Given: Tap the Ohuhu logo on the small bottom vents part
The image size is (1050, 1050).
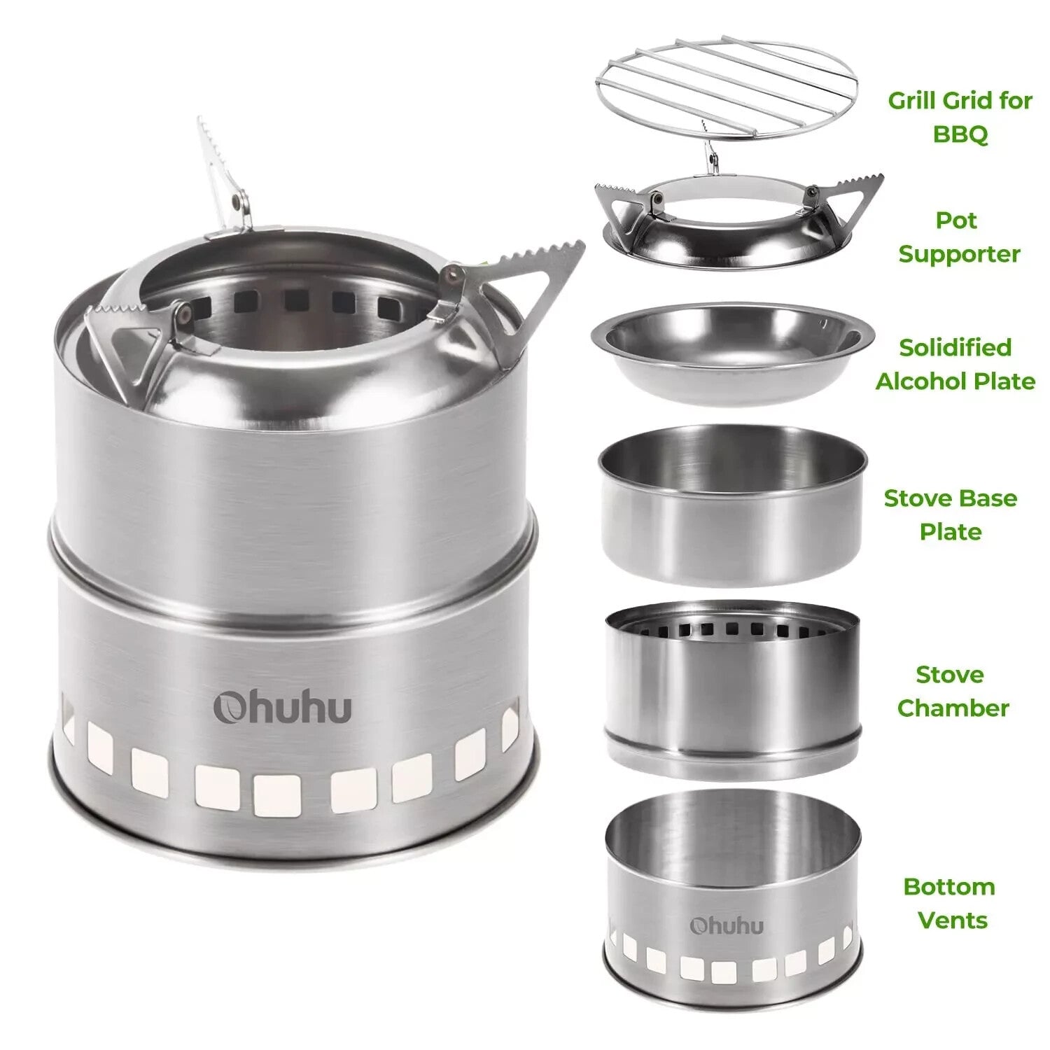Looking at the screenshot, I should (x=726, y=925).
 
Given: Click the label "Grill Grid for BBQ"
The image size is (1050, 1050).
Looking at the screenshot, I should (x=960, y=116).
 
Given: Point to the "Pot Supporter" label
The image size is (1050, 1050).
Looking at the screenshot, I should (x=958, y=237).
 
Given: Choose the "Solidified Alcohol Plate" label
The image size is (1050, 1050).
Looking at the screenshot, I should (x=955, y=364).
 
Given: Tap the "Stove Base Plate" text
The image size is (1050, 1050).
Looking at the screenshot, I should (x=950, y=514).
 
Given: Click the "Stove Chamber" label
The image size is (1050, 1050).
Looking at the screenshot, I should (x=952, y=691).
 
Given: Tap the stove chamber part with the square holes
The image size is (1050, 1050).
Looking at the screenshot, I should (x=732, y=689).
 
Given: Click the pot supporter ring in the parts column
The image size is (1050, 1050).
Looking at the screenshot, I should (x=728, y=224).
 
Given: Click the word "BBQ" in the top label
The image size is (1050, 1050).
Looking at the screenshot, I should (x=960, y=133).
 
